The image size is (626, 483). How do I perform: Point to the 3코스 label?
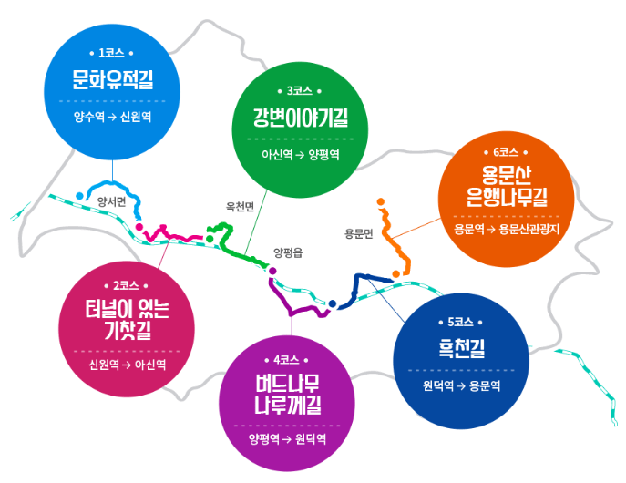point(300,91)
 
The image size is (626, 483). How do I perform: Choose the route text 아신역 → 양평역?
point(300,155)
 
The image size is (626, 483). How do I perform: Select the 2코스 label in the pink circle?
point(127,285)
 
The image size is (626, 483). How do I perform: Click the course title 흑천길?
point(460,348)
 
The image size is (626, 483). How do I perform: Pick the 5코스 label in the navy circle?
point(460,322)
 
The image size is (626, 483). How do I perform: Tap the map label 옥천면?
point(240,206)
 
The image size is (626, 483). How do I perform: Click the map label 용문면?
point(359,233)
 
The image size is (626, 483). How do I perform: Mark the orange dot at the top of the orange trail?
point(381,201)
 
